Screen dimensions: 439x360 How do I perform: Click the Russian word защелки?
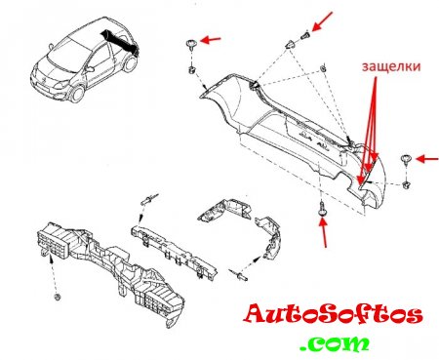[x=391, y=66]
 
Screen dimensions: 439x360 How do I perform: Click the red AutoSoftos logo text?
[x=334, y=314]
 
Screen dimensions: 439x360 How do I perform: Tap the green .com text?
[x=335, y=343]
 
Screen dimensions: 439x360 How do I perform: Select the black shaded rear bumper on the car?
[x=119, y=40]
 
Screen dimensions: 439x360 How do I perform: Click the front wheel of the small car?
[x=77, y=93]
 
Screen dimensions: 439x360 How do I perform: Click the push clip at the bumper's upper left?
[x=190, y=44]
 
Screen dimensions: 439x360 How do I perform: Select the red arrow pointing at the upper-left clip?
[x=211, y=40]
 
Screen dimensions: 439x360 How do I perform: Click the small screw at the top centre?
[x=305, y=34]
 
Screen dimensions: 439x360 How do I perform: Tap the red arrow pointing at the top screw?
[x=322, y=21]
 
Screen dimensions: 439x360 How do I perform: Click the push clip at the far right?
[x=406, y=159]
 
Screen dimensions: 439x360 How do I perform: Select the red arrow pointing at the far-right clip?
[x=427, y=159]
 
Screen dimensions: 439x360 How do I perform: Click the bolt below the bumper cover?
[x=322, y=207]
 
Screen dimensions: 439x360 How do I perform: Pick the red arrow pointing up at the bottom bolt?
[x=323, y=233]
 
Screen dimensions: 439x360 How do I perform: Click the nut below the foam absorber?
[x=58, y=297]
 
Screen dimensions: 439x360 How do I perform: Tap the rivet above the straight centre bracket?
[x=150, y=199]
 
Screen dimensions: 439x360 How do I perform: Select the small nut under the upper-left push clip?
[x=192, y=69]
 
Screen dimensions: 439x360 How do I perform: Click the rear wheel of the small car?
[x=131, y=63]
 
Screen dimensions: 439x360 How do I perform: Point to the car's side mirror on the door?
[x=90, y=69]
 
